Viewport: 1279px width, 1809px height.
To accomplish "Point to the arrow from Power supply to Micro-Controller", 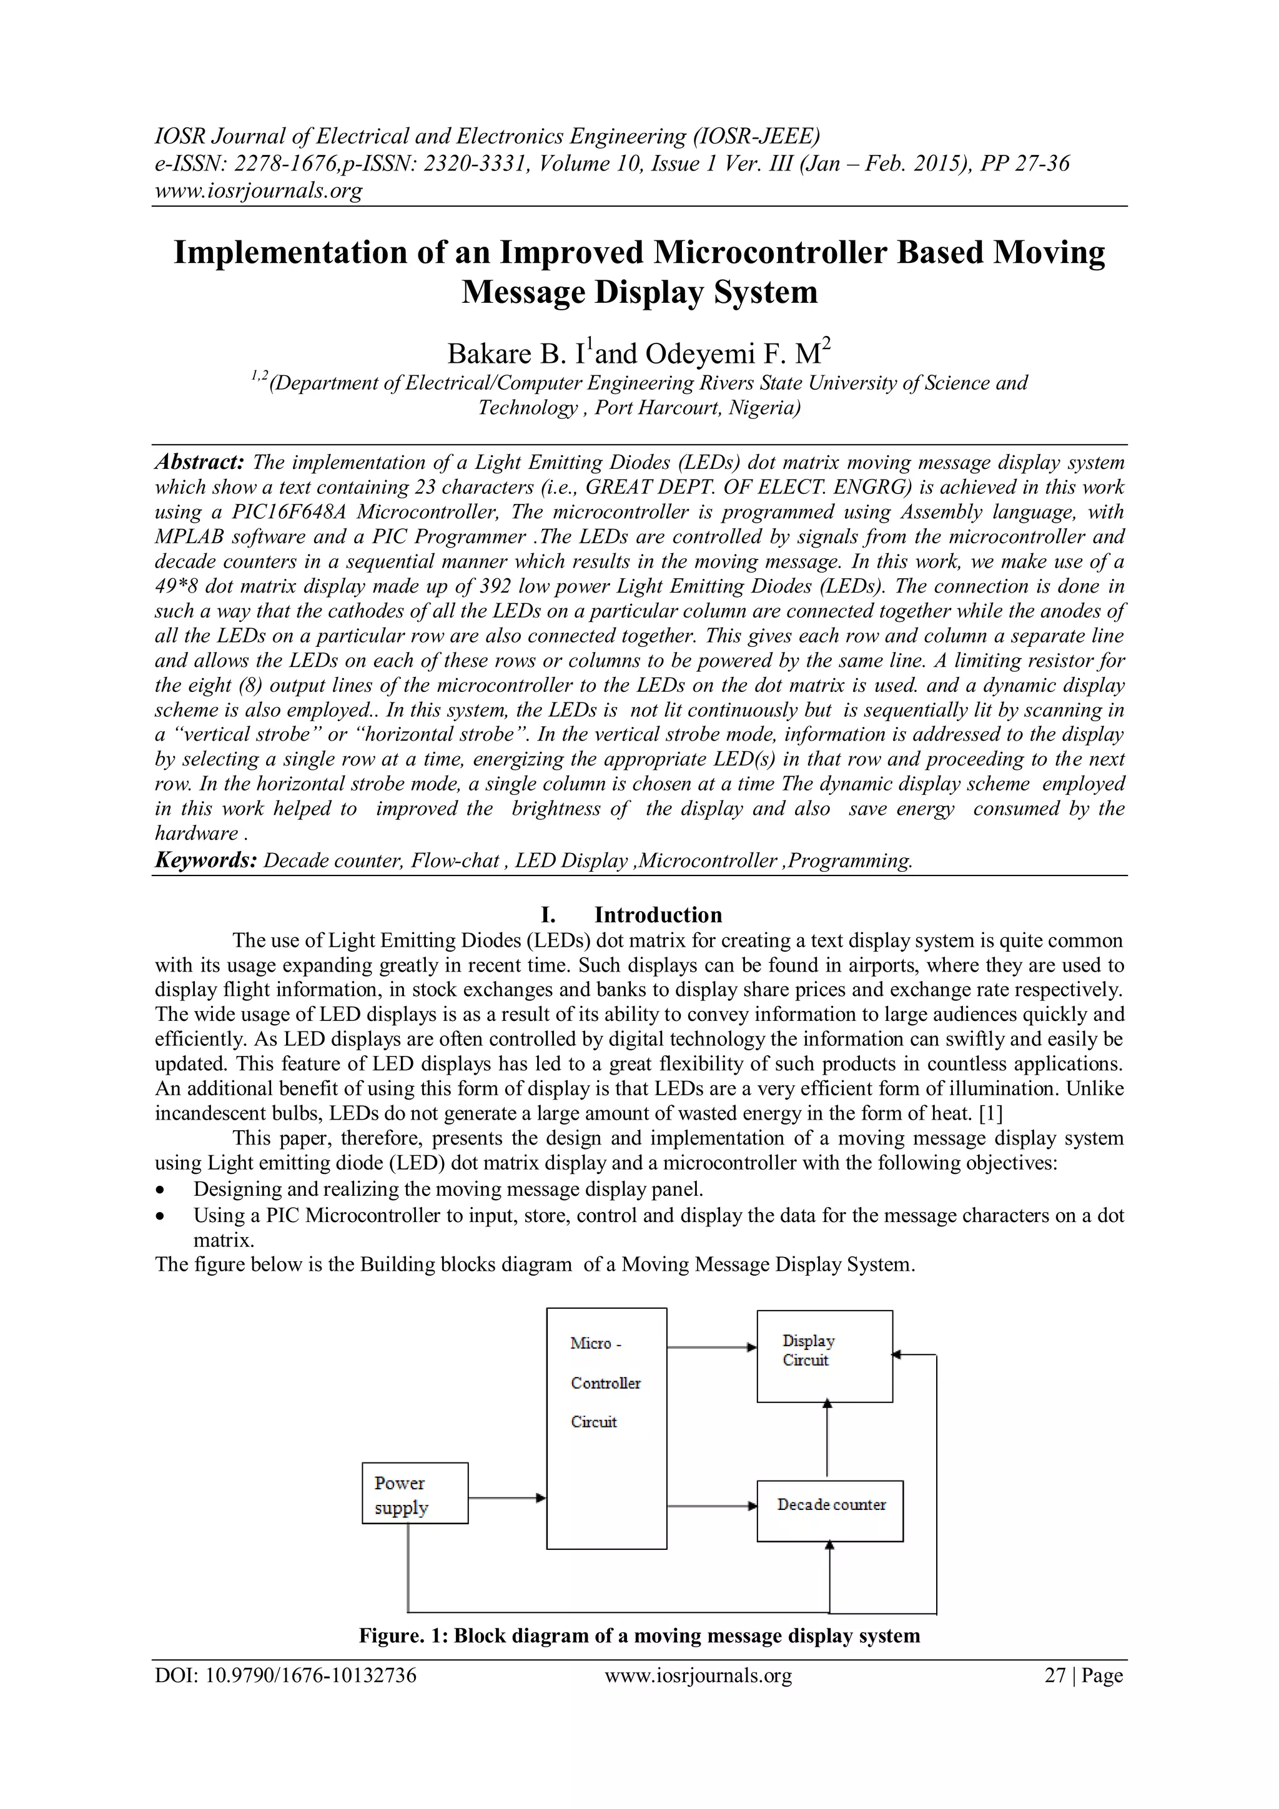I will click(x=506, y=1497).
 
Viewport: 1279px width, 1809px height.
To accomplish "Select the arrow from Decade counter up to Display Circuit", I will click(x=827, y=1438).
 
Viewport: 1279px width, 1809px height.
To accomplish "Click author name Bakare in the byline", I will click(x=490, y=355).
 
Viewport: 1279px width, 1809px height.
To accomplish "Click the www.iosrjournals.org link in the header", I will click(x=258, y=190).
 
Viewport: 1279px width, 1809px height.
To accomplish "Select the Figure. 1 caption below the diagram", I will click(x=639, y=1635).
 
